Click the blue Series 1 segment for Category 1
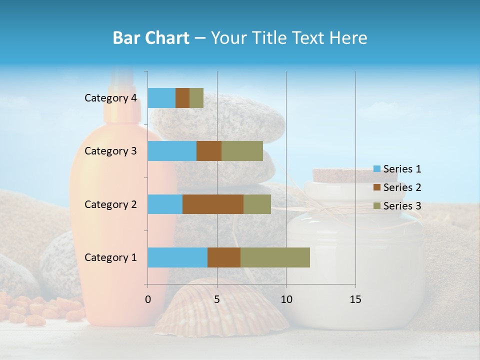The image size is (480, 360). coord(177,257)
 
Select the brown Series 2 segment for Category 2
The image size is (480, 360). coord(213,204)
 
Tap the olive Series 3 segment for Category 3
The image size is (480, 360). coord(242,151)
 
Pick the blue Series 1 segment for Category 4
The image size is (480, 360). coord(161,98)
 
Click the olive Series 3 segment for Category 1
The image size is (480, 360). coord(275,257)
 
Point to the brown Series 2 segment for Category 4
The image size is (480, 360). coord(182,98)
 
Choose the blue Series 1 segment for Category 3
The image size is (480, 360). coord(172,151)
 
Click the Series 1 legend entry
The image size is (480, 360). coord(397,169)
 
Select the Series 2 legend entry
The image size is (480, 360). coord(397,187)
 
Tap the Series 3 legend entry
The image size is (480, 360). coord(397,206)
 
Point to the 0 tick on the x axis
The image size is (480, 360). coord(147,299)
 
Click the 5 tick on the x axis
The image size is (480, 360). coord(217,299)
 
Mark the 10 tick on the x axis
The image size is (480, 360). coord(286,299)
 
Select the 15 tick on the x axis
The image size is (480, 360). coord(355,299)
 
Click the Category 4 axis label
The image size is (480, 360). coord(110,98)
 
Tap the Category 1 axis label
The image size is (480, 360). coord(110,257)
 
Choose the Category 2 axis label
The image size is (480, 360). coord(110,204)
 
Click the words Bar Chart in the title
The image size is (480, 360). coord(151,38)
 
